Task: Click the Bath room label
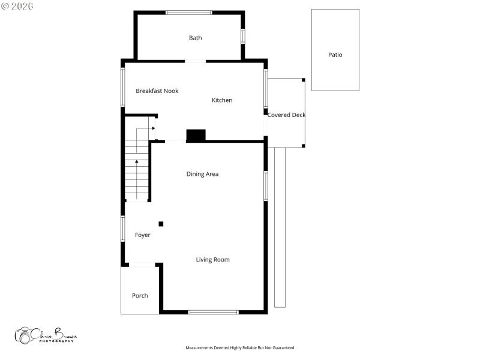point(196,38)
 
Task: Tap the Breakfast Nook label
point(157,91)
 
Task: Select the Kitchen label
point(222,100)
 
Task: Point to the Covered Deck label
point(286,115)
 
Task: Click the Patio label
point(335,55)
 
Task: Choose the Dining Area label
point(202,174)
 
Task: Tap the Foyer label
point(142,235)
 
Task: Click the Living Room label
point(212,260)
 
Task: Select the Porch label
point(140,296)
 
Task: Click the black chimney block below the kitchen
point(196,136)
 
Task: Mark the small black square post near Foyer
point(161,224)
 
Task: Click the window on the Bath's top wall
point(188,13)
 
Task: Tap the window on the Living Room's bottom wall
point(213,312)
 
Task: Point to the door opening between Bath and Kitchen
point(195,61)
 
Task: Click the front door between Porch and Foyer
point(142,265)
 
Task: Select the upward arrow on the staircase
point(137,162)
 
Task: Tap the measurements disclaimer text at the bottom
point(239,348)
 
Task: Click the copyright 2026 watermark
point(17,5)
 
